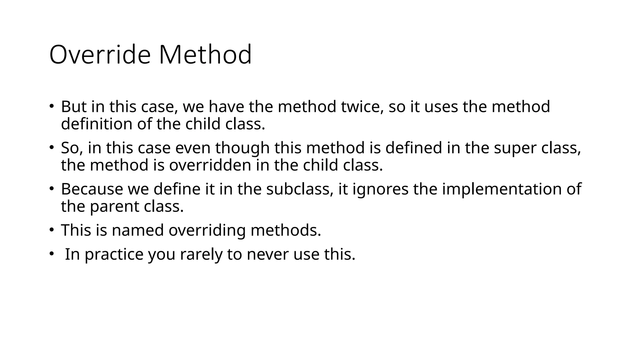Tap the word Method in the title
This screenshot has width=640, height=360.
pyautogui.click(x=205, y=55)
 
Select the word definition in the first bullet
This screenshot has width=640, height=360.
pyautogui.click(x=97, y=124)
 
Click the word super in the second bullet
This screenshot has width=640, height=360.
pyautogui.click(x=515, y=148)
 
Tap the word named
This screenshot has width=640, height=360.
pyautogui.click(x=138, y=230)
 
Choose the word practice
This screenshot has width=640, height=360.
pyautogui.click(x=114, y=254)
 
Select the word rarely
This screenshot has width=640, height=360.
pyautogui.click(x=201, y=254)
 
